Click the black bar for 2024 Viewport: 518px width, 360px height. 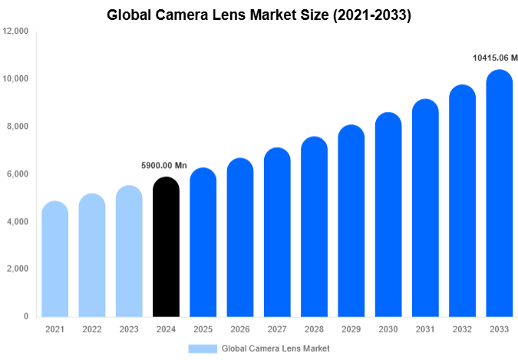coord(166,247)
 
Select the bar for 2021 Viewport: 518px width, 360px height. coord(54,259)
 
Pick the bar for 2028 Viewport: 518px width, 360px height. coord(314,227)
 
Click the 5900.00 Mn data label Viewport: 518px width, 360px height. coord(164,165)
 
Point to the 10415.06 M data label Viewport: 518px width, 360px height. coord(495,58)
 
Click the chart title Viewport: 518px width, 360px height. coord(259,15)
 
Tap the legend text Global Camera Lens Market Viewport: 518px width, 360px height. coord(275,348)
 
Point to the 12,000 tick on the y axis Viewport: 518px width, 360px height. coord(16,31)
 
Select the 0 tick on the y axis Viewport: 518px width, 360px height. coord(26,316)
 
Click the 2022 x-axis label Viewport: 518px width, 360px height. coord(91,329)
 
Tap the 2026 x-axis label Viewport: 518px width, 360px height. coord(239,329)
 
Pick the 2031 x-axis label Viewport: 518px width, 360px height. coord(424,329)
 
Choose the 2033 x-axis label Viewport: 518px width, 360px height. coord(499,329)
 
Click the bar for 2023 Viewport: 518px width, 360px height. coord(129,251)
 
